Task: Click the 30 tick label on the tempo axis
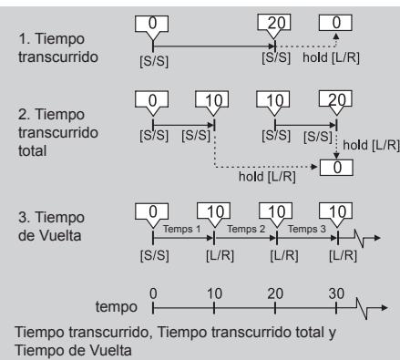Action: [336, 293]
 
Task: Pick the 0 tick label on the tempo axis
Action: [153, 293]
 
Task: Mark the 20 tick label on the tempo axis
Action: [274, 293]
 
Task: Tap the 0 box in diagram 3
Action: [153, 211]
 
